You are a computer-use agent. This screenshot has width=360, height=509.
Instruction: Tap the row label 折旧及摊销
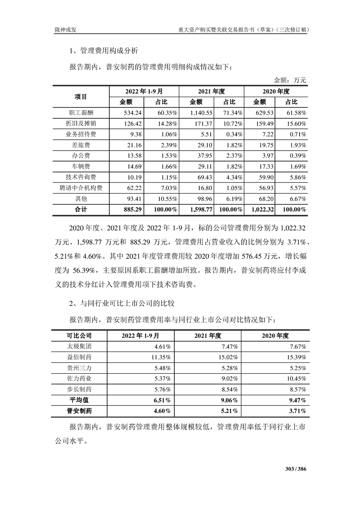coord(81,123)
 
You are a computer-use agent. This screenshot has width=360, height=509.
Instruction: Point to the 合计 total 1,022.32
coord(260,210)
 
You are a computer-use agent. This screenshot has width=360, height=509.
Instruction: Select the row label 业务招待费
coord(81,134)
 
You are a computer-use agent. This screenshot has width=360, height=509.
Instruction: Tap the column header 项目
coord(81,96)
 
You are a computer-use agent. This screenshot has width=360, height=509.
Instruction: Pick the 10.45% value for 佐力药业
coord(296,378)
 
